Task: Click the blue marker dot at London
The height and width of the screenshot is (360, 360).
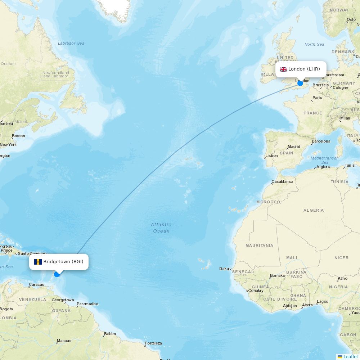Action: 300,83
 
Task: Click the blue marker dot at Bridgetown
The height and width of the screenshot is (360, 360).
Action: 57,274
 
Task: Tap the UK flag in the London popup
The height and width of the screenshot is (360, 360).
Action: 284,69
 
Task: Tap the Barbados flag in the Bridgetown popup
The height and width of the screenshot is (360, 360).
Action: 38,262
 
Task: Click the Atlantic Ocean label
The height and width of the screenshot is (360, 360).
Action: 161,228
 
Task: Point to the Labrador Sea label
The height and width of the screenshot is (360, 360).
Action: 71,43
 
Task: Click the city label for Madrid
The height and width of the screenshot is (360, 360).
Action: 294,147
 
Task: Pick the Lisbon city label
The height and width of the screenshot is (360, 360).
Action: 271,156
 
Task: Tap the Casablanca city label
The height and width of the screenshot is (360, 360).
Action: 282,181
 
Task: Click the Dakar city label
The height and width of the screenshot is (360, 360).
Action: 225,269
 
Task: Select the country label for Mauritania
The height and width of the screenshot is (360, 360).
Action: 259,246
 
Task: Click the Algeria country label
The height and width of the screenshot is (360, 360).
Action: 314,210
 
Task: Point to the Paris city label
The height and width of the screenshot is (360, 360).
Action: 317,98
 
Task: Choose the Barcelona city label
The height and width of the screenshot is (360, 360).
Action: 321,141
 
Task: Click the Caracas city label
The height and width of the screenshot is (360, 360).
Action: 36,284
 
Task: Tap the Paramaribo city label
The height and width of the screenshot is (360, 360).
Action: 87,304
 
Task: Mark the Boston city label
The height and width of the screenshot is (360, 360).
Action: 18,136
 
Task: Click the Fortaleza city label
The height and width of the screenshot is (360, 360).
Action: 153,343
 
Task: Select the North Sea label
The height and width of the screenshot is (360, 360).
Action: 314,44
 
